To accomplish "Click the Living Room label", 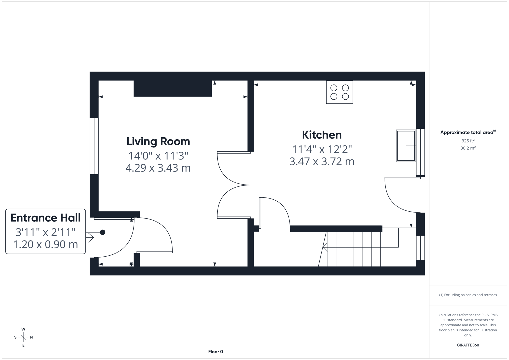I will coord(158,141).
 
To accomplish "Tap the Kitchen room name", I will coord(322,135).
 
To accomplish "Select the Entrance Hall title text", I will coord(46,218).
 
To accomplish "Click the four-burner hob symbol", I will coord(339,92).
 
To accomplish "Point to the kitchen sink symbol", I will coord(406,146).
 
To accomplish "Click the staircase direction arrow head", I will coord(324,247).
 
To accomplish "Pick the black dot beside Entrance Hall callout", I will coord(103,232).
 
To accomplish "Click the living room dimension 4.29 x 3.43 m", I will coord(158,168).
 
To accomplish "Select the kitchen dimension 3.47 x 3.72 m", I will coord(322,161).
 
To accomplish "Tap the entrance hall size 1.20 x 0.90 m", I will coord(46,244).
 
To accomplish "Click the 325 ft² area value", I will coord(468,141).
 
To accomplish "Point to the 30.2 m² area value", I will coord(468,148).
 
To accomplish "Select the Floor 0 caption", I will coord(215,352).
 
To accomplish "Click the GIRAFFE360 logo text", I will coord(468,345).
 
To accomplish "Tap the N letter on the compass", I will coord(31,337).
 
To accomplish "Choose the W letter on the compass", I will coord(23,329).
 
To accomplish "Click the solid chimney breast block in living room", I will coord(173,88).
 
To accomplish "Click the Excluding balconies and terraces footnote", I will coord(468,295).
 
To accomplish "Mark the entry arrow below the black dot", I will coord(90,237).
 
